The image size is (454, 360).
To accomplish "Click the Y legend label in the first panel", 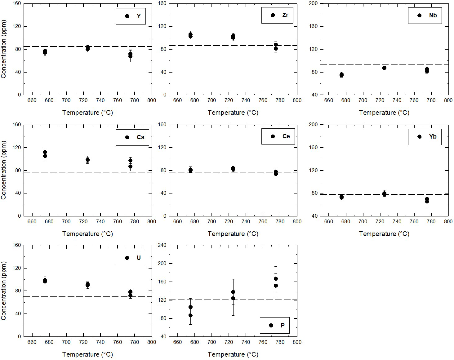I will click(x=138, y=16).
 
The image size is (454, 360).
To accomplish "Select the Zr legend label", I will click(x=285, y=15).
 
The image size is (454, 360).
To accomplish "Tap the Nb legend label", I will click(x=433, y=15).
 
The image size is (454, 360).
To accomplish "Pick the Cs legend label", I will click(x=140, y=137).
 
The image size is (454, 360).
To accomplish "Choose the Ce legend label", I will click(x=286, y=136).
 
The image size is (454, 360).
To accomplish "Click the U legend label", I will click(x=138, y=258).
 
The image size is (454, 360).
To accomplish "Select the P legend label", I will click(x=283, y=325).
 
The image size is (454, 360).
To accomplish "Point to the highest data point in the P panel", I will click(x=276, y=279).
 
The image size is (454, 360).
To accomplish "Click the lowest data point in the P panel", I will click(x=190, y=315).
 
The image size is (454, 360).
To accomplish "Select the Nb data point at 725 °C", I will click(x=384, y=68).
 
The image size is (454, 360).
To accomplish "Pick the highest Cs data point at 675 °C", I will click(x=45, y=152).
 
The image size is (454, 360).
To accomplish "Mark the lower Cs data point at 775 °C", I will click(x=130, y=167).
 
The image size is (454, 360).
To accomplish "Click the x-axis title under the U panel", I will click(x=87, y=354).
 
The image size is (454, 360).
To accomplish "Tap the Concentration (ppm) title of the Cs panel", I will click(x=4, y=170).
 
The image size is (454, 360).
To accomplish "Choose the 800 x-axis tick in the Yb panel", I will click(x=448, y=221).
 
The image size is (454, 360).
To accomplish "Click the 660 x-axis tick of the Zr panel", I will click(x=177, y=100).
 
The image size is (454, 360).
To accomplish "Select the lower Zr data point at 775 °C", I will click(x=276, y=49).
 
